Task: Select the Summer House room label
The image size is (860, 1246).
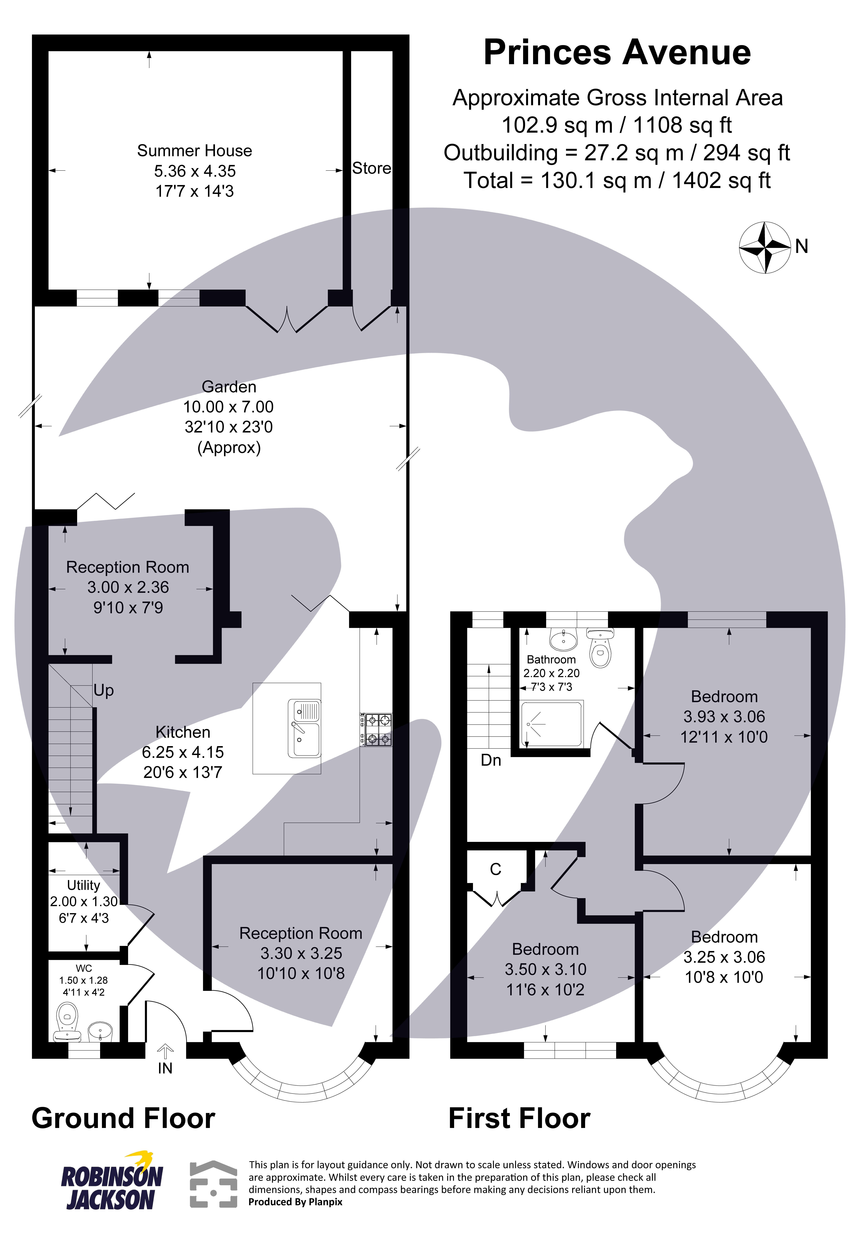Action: pyautogui.click(x=195, y=151)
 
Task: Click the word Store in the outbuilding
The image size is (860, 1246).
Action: pyautogui.click(x=371, y=169)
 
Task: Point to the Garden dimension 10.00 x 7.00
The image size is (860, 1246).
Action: pyautogui.click(x=229, y=407)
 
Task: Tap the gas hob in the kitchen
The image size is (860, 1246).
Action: pyautogui.click(x=376, y=730)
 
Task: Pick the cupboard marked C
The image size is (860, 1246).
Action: pyautogui.click(x=496, y=869)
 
